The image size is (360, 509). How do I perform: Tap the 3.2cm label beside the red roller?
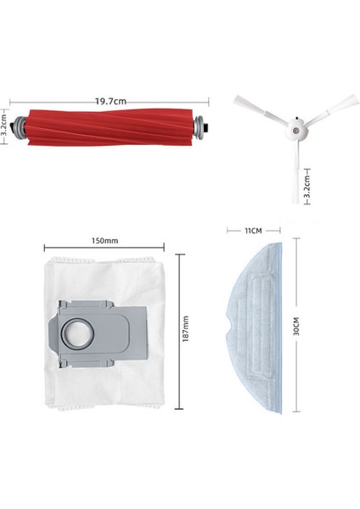point(5,130)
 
